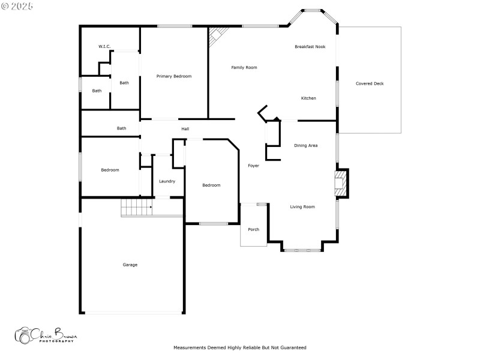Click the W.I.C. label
coord(104,46)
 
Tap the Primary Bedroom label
coord(174,76)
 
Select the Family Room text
coord(244,67)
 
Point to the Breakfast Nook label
coord(310,46)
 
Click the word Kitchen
coord(308,98)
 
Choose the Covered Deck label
coord(370,83)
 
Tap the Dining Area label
coord(305,145)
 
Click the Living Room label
coord(302,206)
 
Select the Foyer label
coord(254,166)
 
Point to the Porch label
coord(254,229)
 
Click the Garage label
coord(130,265)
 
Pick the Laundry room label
coord(167,181)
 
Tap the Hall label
coord(185,128)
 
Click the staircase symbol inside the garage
coord(137,208)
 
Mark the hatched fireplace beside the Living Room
coord(341,182)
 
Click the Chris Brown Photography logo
coord(46,335)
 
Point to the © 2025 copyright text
coord(17,6)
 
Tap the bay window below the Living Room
coord(302,249)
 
